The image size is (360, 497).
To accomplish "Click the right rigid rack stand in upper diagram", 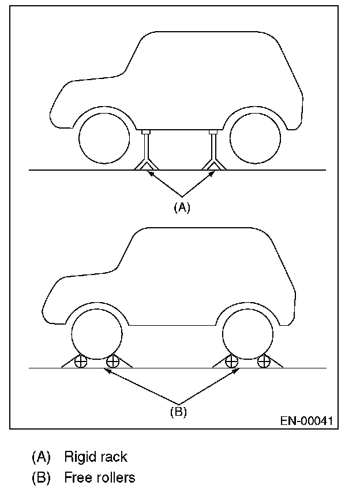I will click(213, 151).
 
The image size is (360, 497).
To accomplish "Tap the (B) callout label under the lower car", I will click(178, 412).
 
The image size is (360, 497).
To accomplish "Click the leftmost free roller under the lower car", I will click(81, 362).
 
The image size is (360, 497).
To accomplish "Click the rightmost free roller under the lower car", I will click(264, 362).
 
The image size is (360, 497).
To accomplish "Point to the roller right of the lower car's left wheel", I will click(112, 362).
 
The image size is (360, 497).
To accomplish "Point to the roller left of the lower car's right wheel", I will click(231, 362).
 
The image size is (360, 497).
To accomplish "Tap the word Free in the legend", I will click(77, 478).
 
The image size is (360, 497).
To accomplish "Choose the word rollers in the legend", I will click(116, 478).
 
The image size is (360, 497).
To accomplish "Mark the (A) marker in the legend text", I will click(41, 457).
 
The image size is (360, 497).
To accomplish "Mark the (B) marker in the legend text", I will click(41, 478).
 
